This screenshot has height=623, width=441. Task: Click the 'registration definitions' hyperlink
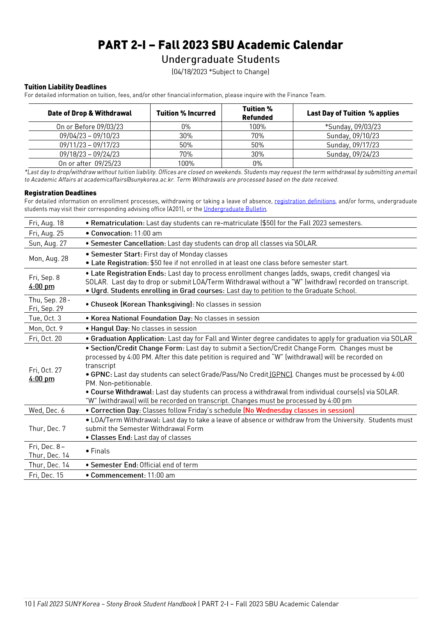coord(305,201)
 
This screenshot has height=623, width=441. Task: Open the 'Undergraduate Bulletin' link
coord(235,209)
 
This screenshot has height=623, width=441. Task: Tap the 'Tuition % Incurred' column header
coord(186,113)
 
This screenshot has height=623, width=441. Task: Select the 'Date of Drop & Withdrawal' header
coord(89,113)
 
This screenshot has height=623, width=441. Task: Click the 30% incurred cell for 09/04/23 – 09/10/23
coord(186,136)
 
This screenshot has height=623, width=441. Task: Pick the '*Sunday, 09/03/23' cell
coord(353,127)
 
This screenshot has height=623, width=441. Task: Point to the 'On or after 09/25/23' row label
coord(89,163)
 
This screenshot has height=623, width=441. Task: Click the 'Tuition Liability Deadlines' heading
coord(65,87)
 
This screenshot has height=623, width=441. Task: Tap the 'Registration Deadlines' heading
coord(60,193)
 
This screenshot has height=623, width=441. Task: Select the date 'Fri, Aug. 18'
coord(46,223)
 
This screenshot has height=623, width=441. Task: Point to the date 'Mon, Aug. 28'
coord(48,259)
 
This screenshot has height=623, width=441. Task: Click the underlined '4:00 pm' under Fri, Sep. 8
coord(41,286)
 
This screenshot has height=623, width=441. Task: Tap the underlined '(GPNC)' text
coord(281,374)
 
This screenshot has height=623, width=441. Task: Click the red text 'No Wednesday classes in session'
coord(299,410)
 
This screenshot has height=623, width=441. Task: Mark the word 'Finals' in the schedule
coord(100,451)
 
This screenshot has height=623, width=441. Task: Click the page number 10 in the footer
coord(28,604)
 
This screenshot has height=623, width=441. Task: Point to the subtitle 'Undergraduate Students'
coord(220,60)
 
